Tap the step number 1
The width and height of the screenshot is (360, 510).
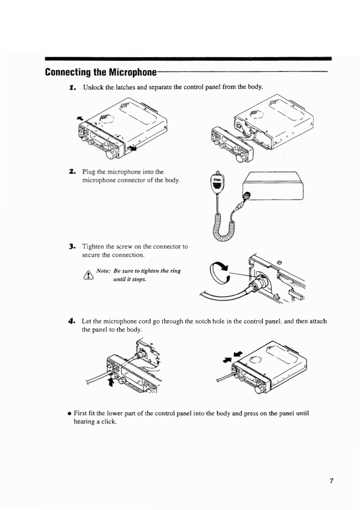pyautogui.click(x=72, y=86)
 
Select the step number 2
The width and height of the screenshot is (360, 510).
pyautogui.click(x=72, y=172)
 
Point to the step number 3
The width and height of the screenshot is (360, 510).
pyautogui.click(x=72, y=247)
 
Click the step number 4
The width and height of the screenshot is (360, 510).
pyautogui.click(x=72, y=321)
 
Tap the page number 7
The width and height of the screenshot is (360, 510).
pyautogui.click(x=332, y=481)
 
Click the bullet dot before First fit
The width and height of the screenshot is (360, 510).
pyautogui.click(x=68, y=414)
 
